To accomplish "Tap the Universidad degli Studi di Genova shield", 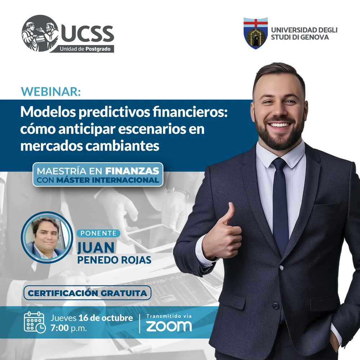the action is pyautogui.click(x=256, y=33).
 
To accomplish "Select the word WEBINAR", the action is pyautogui.click(x=51, y=91).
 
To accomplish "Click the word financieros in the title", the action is pyautogui.click(x=190, y=112).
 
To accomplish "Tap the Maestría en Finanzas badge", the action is pyautogui.click(x=98, y=175).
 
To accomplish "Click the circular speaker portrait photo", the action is pyautogui.click(x=47, y=237).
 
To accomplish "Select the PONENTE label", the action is pyautogui.click(x=99, y=233).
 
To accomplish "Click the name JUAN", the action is pyautogui.click(x=96, y=247).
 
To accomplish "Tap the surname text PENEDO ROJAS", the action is pyautogui.click(x=114, y=260).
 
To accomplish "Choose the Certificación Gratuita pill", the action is pyautogui.click(x=87, y=293).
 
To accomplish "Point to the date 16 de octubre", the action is pyautogui.click(x=105, y=318).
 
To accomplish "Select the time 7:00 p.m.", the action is pyautogui.click(x=69, y=328).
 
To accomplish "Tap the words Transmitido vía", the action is pyautogui.click(x=169, y=316).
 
